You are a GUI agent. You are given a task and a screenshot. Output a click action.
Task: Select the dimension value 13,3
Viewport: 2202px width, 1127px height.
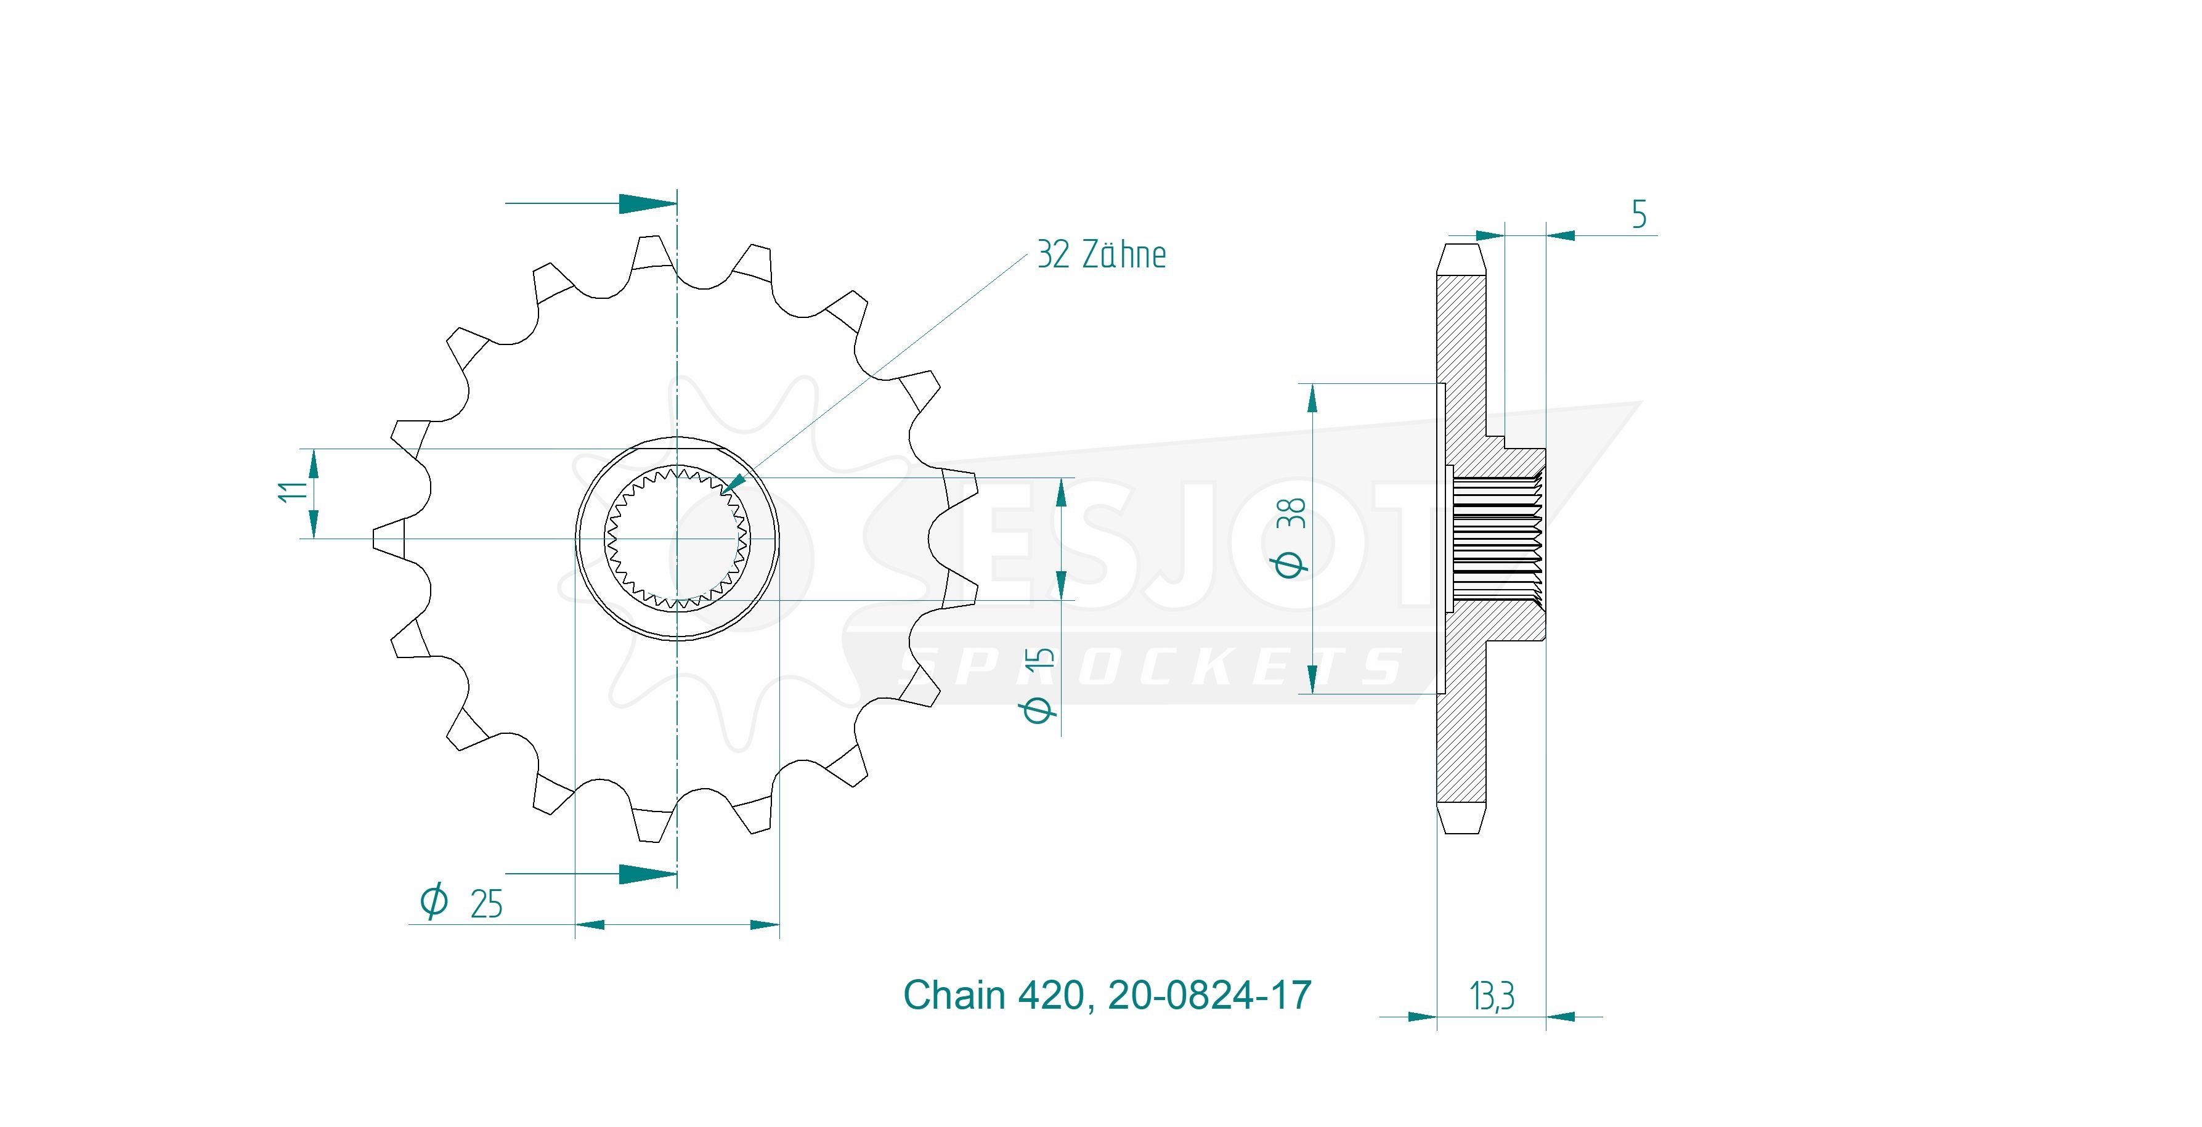coord(1492,996)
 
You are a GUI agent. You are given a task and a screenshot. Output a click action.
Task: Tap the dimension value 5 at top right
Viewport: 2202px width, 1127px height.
coord(1639,214)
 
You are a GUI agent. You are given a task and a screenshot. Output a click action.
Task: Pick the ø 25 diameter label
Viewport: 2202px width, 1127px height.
coord(461,902)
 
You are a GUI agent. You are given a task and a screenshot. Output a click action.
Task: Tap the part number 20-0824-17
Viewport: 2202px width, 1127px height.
coord(1209,995)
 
